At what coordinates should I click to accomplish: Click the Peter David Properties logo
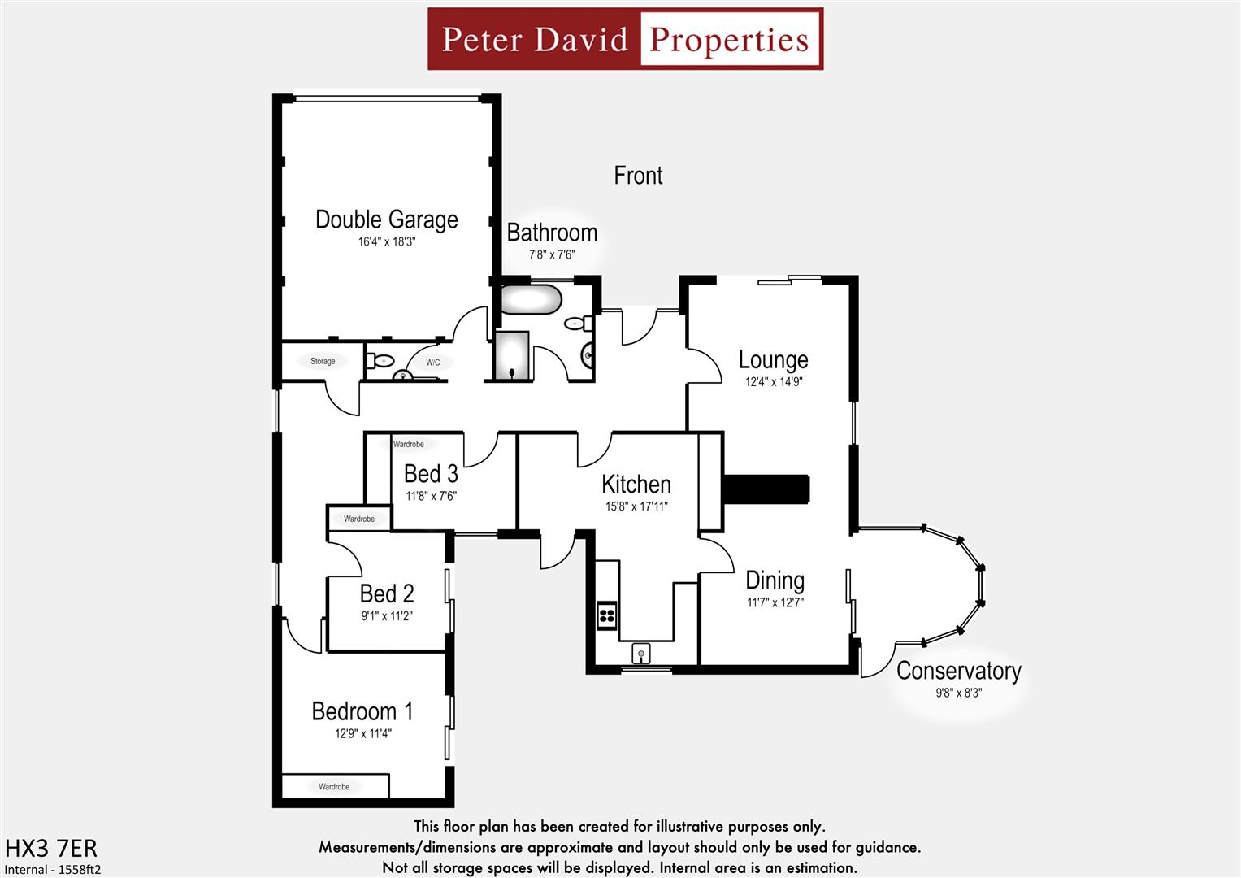[625, 39]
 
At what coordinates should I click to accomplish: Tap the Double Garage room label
[386, 219]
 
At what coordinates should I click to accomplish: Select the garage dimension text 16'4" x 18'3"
[386, 242]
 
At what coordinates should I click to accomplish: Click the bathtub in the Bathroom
[531, 299]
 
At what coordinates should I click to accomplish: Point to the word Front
[638, 176]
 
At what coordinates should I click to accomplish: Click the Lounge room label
[773, 359]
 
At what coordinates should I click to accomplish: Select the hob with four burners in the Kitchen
[607, 615]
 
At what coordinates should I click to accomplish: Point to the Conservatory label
[958, 671]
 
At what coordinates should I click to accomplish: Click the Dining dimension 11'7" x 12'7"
[775, 602]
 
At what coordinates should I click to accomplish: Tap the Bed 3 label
[431, 473]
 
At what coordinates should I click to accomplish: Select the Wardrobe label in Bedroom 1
[334, 787]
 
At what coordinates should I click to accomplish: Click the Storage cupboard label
[323, 361]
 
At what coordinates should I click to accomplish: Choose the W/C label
[433, 363]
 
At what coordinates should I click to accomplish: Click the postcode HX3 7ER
[51, 849]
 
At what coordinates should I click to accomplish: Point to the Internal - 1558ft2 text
[53, 869]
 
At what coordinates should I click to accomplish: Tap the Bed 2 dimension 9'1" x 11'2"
[387, 616]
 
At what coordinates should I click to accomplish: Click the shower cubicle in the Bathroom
[512, 355]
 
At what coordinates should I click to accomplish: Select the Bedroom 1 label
[362, 711]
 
